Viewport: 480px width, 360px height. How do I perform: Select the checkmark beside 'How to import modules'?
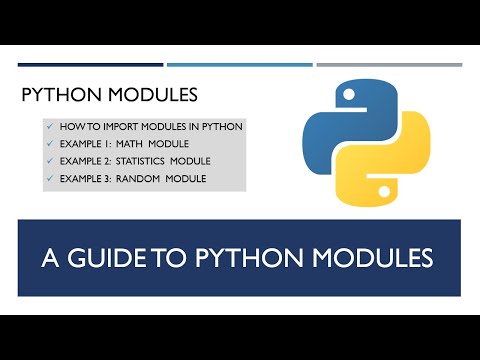(49, 128)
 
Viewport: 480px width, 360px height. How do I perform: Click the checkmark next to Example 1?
(49, 145)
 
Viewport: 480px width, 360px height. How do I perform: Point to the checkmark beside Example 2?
(49, 162)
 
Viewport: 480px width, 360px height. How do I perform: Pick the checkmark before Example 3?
(49, 179)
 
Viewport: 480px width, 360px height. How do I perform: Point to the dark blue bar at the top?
(90, 65)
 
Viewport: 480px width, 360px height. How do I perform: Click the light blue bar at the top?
(240, 65)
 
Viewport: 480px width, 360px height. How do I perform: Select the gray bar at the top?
(389, 65)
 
